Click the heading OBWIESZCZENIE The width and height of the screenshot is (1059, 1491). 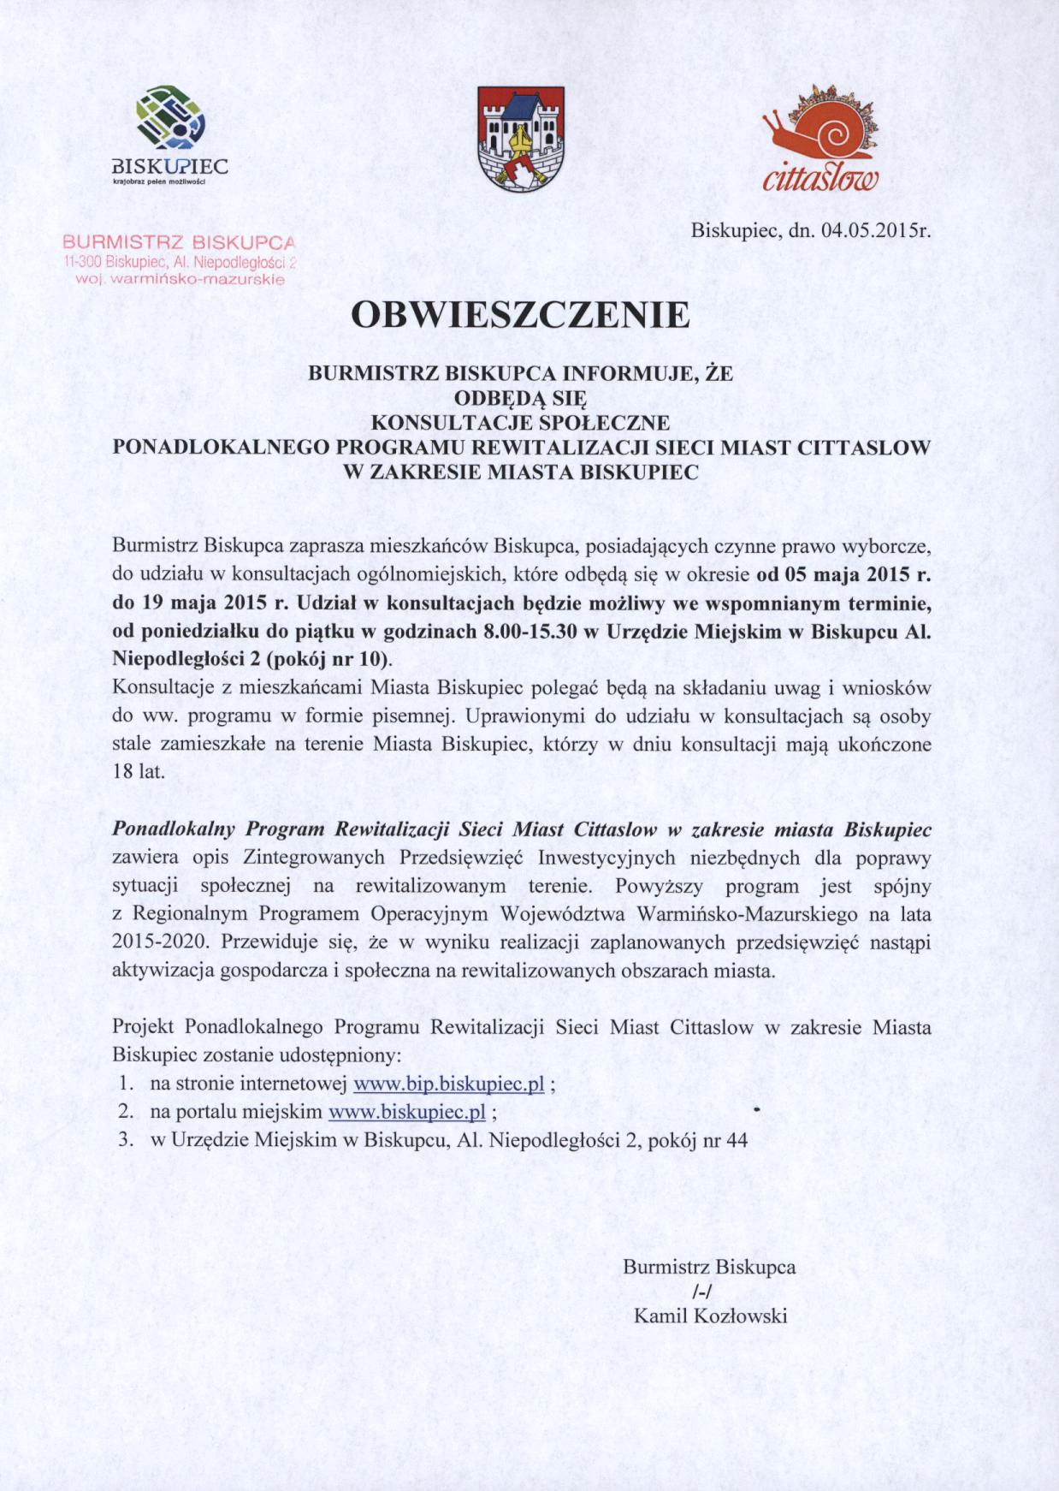[520, 315]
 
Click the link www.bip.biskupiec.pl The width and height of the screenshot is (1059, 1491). [449, 1084]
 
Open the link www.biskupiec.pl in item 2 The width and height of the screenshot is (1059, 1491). [407, 1112]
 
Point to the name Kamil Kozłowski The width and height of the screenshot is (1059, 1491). [710, 1316]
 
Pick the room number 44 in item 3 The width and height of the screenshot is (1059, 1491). [736, 1140]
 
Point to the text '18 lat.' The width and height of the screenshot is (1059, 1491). [138, 771]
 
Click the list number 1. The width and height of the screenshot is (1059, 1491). [125, 1084]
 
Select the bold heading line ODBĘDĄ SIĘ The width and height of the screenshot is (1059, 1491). [520, 398]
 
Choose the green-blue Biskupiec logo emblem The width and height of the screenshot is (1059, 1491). [170, 119]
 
